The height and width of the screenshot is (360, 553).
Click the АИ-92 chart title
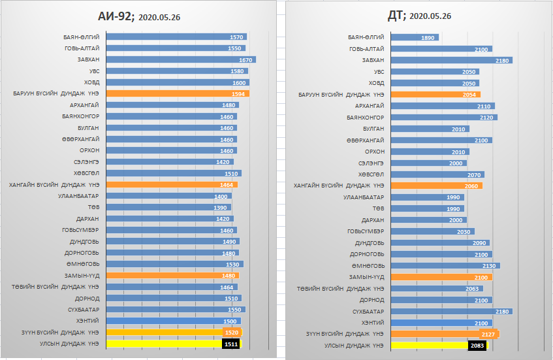(x=139, y=16)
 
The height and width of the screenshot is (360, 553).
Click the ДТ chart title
(x=419, y=16)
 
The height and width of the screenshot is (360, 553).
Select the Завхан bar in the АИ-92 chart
(x=181, y=59)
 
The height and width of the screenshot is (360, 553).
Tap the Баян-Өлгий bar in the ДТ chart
(x=415, y=37)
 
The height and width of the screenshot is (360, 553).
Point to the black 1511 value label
(x=231, y=344)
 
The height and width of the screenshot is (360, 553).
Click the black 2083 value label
(x=477, y=346)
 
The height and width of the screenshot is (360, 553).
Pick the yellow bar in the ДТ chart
(x=439, y=346)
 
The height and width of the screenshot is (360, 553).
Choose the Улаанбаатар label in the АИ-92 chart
(x=78, y=196)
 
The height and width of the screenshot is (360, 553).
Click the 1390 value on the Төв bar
(x=220, y=208)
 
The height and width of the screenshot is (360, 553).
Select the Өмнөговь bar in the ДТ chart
(x=445, y=266)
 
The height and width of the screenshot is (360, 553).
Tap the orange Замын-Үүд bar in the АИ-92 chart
(x=172, y=276)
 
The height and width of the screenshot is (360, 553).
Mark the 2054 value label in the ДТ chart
(x=469, y=95)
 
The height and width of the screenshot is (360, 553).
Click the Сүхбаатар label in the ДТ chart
(x=368, y=312)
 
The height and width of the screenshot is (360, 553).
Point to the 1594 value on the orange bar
(x=238, y=94)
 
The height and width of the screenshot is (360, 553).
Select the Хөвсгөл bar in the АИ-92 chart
(x=174, y=173)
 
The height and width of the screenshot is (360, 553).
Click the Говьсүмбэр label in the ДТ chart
(x=366, y=231)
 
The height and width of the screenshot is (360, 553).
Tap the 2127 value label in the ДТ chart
(x=488, y=335)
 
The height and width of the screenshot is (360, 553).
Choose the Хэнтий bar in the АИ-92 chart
(x=174, y=321)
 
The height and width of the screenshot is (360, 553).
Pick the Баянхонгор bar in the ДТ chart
(x=444, y=117)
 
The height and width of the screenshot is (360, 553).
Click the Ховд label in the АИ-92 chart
(x=91, y=82)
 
